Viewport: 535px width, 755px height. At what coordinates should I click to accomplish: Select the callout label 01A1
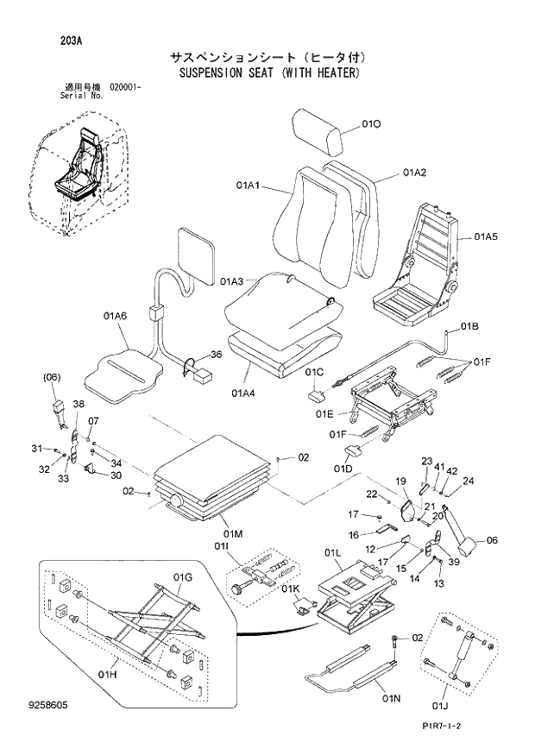249,186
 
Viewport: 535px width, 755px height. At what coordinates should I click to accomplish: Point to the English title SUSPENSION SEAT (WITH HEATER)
268,73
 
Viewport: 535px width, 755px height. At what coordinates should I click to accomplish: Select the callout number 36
216,355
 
